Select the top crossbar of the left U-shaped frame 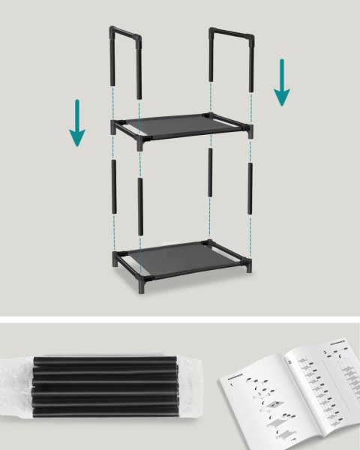pyautogui.click(x=125, y=32)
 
